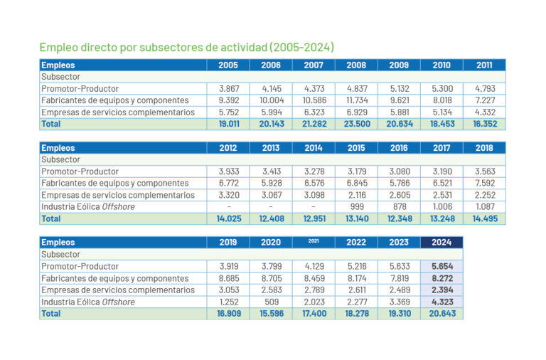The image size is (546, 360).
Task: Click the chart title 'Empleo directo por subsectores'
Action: pos(186,48)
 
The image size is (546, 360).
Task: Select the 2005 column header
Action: pos(228,65)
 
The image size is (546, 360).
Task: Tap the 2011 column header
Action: pos(484,65)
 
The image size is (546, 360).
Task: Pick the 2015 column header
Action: pos(356,148)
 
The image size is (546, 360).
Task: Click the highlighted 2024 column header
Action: pos(441,243)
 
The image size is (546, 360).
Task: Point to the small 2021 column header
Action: pos(314,242)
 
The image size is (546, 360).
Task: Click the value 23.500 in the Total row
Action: pos(356,124)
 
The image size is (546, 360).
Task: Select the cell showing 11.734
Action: pos(356,100)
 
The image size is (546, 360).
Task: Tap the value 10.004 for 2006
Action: pos(271,100)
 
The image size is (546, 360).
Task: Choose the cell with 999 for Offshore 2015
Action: pos(356,207)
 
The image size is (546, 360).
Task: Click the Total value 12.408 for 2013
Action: pos(271,218)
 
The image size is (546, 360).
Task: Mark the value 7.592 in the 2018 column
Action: pos(484,184)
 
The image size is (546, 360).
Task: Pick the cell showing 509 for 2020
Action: pos(271,302)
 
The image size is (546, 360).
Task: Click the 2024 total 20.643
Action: pos(441,314)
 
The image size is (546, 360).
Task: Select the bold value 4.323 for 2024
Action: pos(441,302)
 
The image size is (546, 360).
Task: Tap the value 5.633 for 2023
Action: pos(399,266)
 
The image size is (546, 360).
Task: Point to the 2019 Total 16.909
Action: pos(228,314)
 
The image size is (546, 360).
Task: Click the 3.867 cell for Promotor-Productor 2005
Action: pos(228,88)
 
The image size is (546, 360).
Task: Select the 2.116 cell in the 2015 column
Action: pos(356,195)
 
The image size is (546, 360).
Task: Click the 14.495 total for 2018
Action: pos(484,218)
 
